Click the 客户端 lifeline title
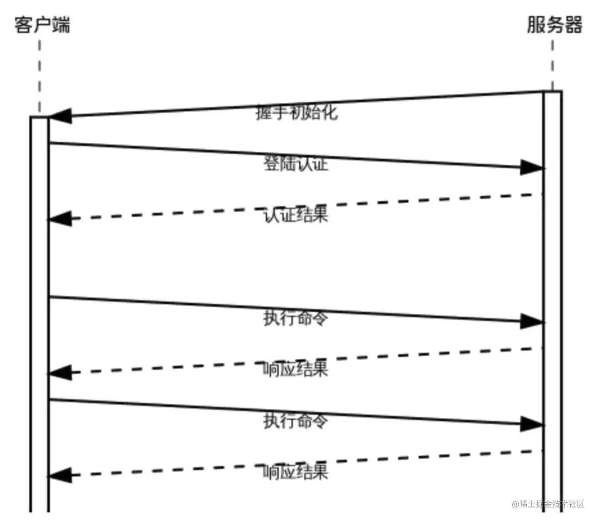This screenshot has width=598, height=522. click(42, 25)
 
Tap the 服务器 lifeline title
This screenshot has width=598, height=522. click(554, 25)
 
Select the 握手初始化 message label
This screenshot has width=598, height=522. click(297, 112)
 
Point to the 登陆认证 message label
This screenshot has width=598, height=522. click(296, 164)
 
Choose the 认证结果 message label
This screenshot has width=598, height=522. click(296, 215)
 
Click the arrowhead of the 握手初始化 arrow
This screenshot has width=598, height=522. click(60, 116)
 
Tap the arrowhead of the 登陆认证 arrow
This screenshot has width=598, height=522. click(532, 167)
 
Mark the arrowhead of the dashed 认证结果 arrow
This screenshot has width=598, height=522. click(60, 219)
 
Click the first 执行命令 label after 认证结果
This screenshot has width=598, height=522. click(295, 318)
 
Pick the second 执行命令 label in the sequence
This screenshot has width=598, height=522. click(295, 421)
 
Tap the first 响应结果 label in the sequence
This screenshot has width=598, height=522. click(295, 369)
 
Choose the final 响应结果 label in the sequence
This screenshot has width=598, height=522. click(295, 472)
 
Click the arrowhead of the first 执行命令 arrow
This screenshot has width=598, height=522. click(532, 321)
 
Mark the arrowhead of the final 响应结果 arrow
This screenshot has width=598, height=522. click(60, 475)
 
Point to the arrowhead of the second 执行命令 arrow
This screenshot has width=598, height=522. click(532, 424)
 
